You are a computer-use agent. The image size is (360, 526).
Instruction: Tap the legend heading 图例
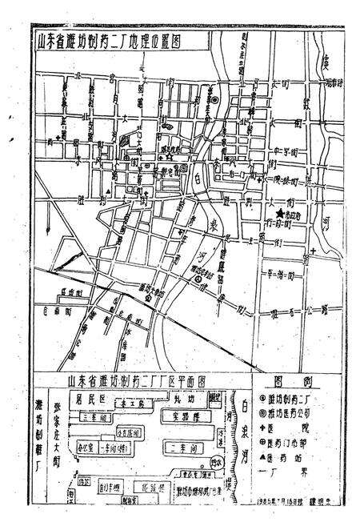291,383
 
